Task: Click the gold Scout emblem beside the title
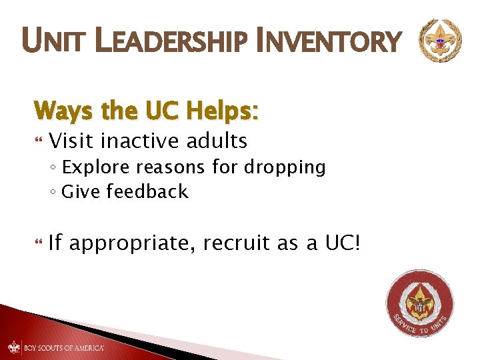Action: point(439,41)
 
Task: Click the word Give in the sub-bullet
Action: point(79,192)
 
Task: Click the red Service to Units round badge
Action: point(421,303)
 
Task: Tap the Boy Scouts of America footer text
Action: point(64,347)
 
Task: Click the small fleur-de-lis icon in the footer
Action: point(14,347)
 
